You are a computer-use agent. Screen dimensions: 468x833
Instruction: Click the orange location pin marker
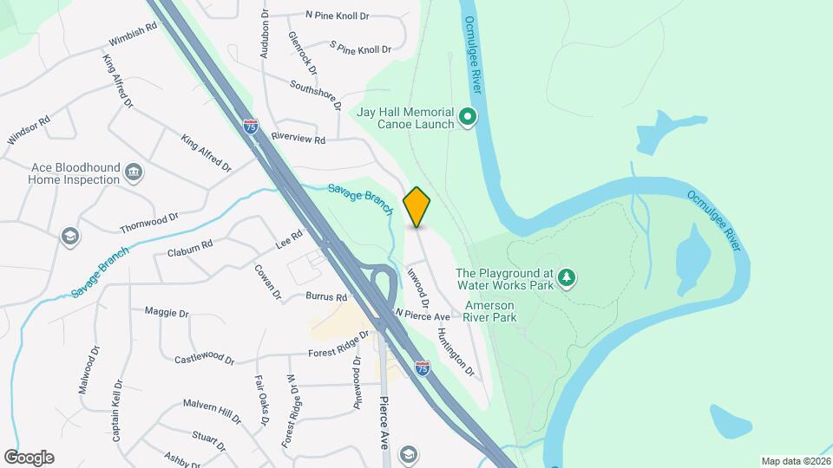(x=417, y=207)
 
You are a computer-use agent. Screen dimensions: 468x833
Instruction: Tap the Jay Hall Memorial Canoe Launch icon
(x=468, y=116)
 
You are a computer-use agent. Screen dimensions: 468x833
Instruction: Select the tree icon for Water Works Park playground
(x=567, y=277)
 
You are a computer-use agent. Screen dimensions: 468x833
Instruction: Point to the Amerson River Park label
(x=491, y=311)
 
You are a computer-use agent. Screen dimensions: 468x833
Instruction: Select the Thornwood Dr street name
(x=149, y=222)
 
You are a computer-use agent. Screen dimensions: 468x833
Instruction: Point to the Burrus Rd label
(x=326, y=296)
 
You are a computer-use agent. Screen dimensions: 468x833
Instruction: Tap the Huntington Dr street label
(x=456, y=352)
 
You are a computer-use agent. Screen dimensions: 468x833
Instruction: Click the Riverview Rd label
(x=298, y=139)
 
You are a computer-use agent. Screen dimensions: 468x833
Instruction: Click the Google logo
(x=29, y=458)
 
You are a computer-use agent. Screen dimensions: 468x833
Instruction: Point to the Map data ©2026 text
(x=795, y=461)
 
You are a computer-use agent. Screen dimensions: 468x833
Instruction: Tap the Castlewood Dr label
(x=204, y=358)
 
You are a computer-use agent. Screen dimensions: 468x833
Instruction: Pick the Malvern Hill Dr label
(x=212, y=410)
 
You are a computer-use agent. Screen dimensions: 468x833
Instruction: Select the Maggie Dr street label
(x=167, y=312)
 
